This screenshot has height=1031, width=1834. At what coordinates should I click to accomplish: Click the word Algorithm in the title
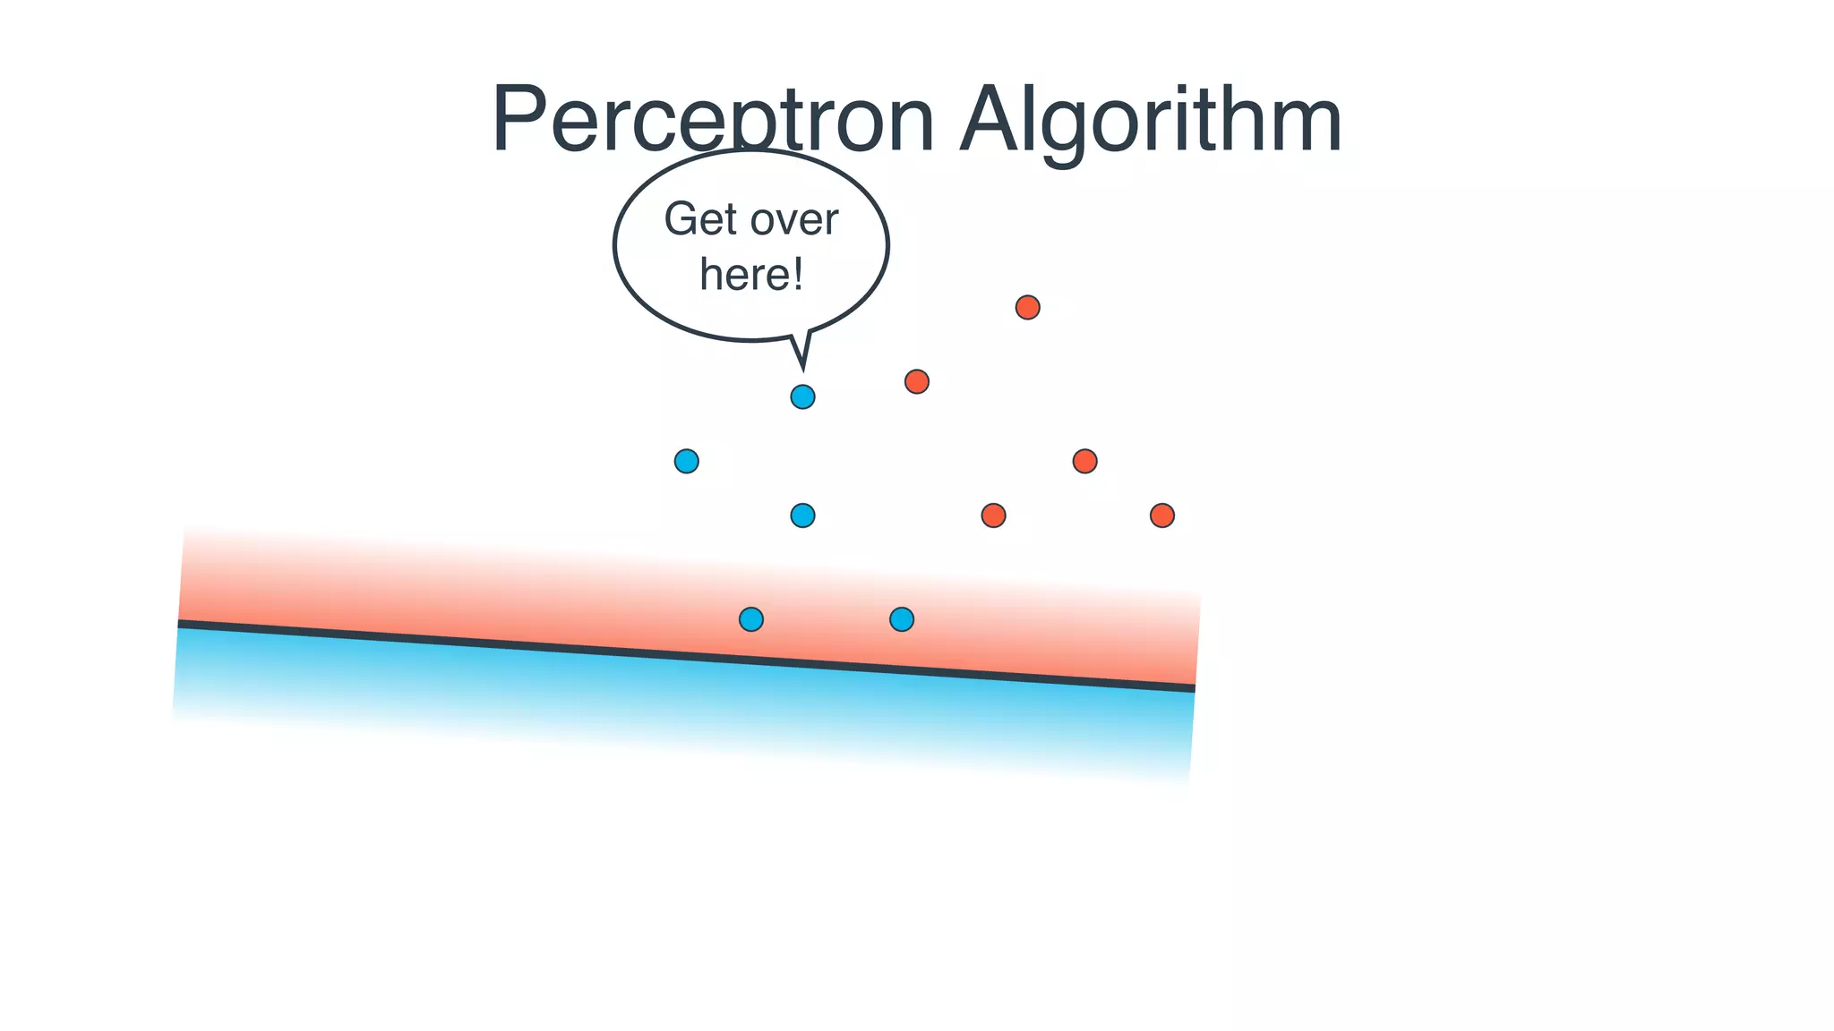click(x=1150, y=121)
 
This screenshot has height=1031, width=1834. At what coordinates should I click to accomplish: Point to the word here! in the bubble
click(x=750, y=274)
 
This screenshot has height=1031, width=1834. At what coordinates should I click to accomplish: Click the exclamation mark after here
click(x=797, y=273)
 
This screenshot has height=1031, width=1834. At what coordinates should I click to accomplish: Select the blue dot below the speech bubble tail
click(x=802, y=396)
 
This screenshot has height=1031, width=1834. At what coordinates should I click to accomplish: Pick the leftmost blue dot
click(x=686, y=461)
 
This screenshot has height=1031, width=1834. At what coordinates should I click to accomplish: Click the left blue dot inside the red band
click(x=750, y=618)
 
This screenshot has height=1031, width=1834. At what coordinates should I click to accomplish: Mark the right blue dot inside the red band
click(x=901, y=618)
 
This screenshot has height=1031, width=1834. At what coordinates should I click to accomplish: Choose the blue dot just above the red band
click(x=802, y=515)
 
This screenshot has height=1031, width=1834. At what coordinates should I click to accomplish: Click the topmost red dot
click(x=1027, y=308)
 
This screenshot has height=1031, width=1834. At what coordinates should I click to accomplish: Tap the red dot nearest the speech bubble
click(x=916, y=382)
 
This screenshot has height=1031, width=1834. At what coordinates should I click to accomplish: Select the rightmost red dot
click(x=1161, y=515)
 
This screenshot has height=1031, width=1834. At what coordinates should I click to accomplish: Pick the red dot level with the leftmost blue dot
click(x=1084, y=461)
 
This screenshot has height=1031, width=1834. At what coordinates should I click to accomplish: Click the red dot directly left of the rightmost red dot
click(x=993, y=515)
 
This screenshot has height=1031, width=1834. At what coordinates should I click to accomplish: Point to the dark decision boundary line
click(x=686, y=655)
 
